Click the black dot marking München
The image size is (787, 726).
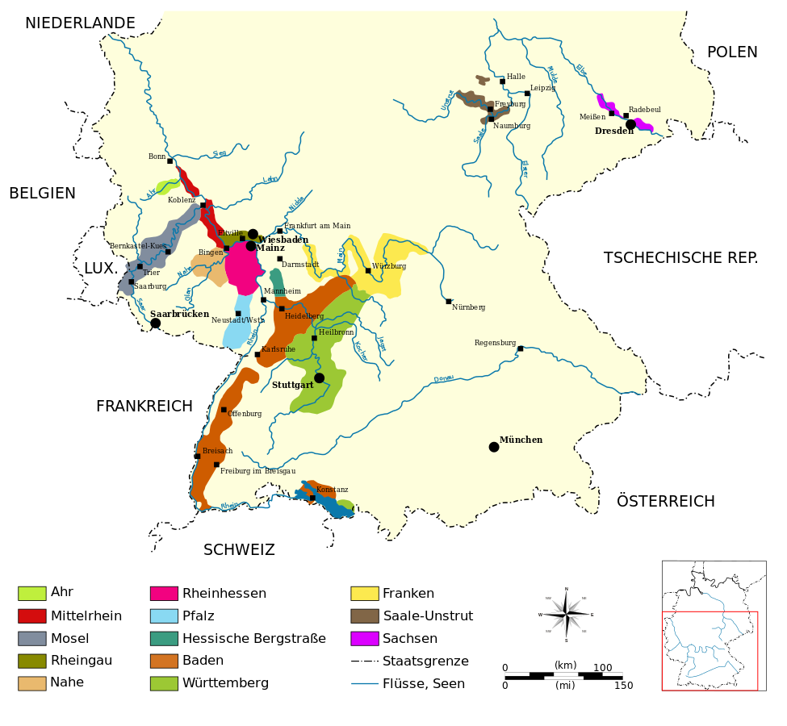click(494, 447)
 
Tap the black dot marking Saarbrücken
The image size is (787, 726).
click(155, 323)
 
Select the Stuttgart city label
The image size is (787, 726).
click(292, 385)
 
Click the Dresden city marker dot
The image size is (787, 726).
click(630, 124)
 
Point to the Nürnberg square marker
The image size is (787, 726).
click(449, 302)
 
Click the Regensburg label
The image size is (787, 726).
click(495, 343)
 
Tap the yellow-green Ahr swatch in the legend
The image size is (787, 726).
click(32, 594)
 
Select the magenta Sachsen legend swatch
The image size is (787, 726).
click(365, 638)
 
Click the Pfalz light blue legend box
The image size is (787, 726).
click(164, 616)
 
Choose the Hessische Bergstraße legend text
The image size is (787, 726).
click(254, 638)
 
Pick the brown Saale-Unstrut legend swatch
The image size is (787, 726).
click(365, 616)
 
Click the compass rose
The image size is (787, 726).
click(566, 615)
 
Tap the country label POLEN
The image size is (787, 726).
click(732, 52)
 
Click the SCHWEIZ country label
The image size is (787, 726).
click(239, 550)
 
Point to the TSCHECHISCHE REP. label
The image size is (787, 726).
click(680, 258)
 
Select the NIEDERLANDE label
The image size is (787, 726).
click(80, 23)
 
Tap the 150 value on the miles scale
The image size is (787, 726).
click(623, 686)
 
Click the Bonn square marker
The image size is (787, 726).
click(170, 161)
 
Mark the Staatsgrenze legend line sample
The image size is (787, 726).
click(365, 661)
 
